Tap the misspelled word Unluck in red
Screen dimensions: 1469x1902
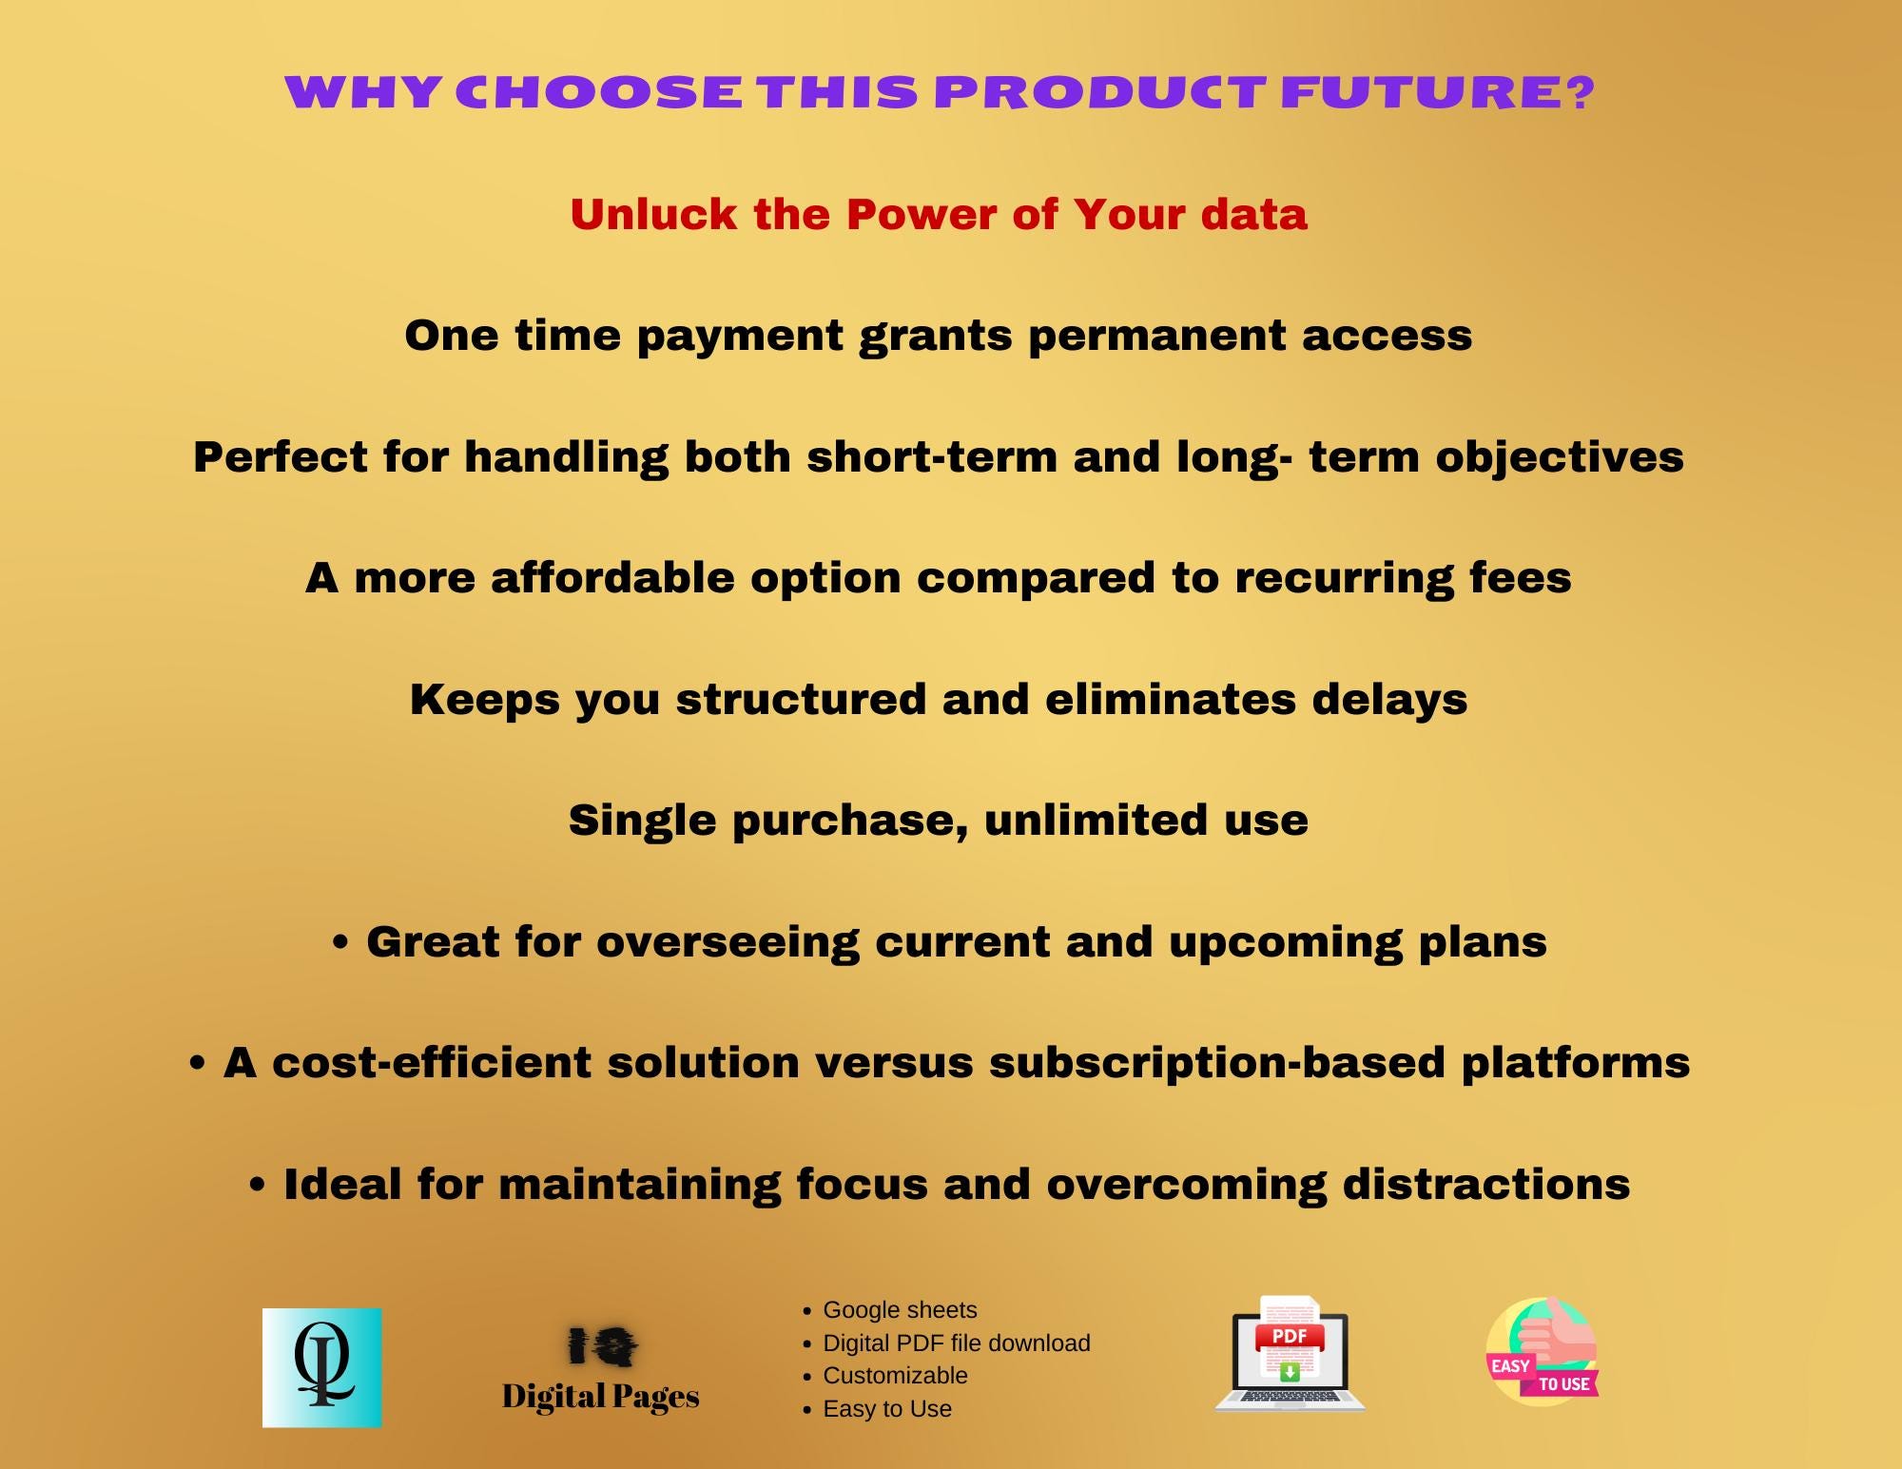tap(652, 214)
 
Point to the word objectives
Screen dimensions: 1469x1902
tap(1560, 456)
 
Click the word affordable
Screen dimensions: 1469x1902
tap(612, 577)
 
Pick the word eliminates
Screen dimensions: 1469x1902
tap(1170, 699)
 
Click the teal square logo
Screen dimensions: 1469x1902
tap(322, 1367)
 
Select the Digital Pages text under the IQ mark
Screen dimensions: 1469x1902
tap(600, 1396)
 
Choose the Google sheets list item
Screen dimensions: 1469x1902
tap(899, 1310)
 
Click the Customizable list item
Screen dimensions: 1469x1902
tap(895, 1376)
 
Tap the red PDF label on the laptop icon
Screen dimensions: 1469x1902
tap(1290, 1337)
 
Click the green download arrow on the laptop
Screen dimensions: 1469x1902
tap(1290, 1372)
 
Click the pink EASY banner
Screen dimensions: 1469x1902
tap(1510, 1366)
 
